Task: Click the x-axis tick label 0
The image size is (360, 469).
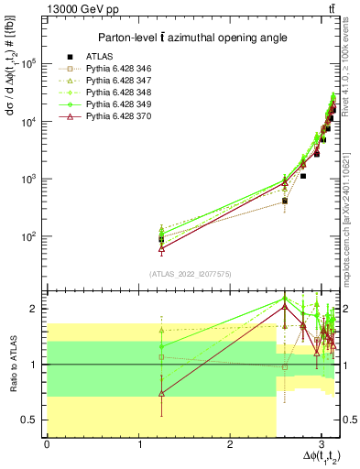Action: [47, 445]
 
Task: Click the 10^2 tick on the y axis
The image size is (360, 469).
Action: [31, 236]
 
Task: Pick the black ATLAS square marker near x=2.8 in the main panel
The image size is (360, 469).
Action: [303, 175]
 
